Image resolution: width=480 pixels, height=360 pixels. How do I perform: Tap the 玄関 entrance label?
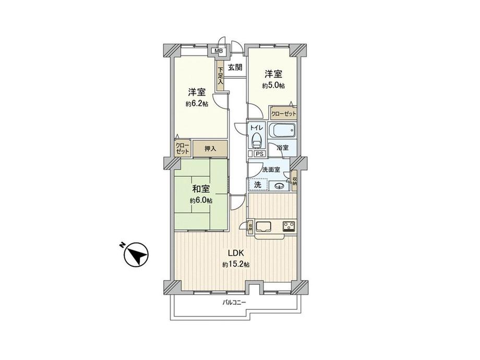(x=235, y=67)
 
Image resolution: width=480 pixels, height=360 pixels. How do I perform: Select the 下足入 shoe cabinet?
(x=221, y=74)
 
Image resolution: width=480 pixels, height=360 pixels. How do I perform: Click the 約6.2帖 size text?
(x=197, y=104)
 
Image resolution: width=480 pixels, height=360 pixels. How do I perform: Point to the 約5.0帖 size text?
(x=273, y=85)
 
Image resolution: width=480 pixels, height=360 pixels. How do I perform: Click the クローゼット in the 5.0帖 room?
(x=283, y=113)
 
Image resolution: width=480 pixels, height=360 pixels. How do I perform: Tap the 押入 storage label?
(x=210, y=149)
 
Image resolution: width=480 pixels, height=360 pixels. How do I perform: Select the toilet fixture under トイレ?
(x=256, y=139)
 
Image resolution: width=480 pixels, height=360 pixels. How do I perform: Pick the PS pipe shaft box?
(x=259, y=154)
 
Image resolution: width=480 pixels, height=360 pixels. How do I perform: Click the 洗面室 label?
(x=271, y=170)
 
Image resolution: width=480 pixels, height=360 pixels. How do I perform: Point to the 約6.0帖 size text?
(x=201, y=201)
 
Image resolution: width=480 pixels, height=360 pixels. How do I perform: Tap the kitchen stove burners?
(x=289, y=226)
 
